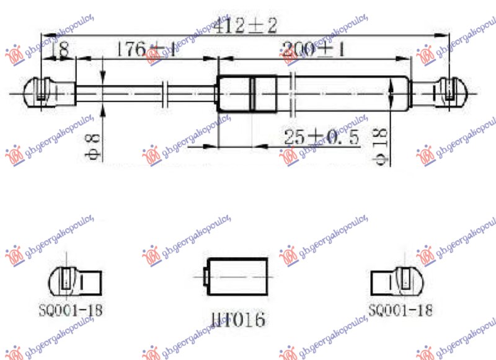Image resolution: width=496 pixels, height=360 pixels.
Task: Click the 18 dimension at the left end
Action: [60, 49]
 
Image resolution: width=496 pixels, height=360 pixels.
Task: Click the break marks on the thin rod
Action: [166, 93]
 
